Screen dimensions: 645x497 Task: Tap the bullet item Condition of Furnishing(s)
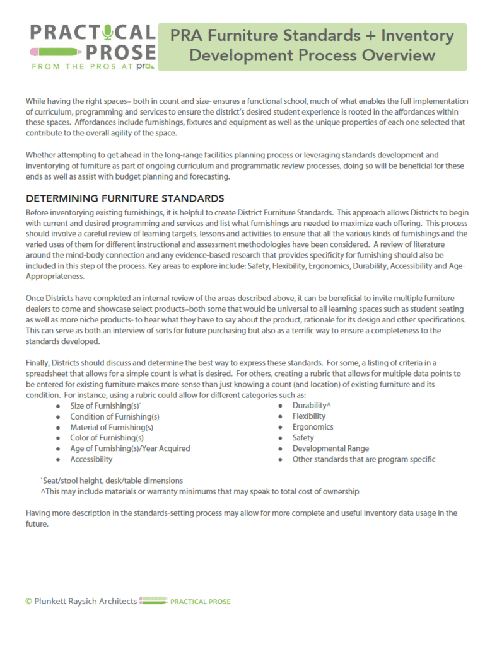pyautogui.click(x=114, y=416)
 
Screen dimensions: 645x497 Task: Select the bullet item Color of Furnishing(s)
pyautogui.click(x=107, y=438)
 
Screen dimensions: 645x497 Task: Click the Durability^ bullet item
pyautogui.click(x=312, y=406)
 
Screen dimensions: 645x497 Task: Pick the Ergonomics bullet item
pyautogui.click(x=313, y=427)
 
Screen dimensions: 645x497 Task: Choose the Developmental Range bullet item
pyautogui.click(x=330, y=448)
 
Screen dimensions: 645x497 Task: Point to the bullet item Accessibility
pyautogui.click(x=91, y=459)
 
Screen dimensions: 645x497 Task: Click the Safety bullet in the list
pyautogui.click(x=303, y=438)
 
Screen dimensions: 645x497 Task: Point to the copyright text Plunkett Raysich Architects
pyautogui.click(x=81, y=602)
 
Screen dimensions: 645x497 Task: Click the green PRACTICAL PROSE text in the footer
pyautogui.click(x=200, y=602)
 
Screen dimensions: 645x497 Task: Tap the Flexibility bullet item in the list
pyautogui.click(x=309, y=416)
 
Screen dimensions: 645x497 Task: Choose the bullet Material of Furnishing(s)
pyautogui.click(x=111, y=427)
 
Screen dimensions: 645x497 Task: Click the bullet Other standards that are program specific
pyautogui.click(x=363, y=459)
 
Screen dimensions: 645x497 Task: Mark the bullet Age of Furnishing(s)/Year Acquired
pyautogui.click(x=130, y=448)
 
